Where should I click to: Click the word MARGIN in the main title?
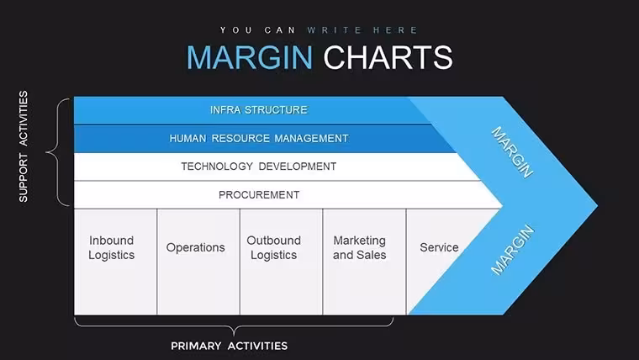click(250, 57)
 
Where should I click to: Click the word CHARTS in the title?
click(388, 57)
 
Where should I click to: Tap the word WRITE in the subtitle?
click(335, 30)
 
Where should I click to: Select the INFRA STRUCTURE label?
click(259, 110)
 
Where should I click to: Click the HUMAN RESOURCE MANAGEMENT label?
click(259, 139)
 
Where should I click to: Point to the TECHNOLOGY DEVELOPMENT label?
click(259, 167)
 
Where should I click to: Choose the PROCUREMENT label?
click(259, 195)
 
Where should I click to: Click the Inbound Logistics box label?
click(111, 247)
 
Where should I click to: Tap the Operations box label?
click(195, 247)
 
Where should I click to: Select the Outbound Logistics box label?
click(273, 247)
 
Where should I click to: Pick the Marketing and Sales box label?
click(360, 247)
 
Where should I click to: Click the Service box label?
click(439, 247)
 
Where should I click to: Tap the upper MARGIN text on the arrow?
click(512, 152)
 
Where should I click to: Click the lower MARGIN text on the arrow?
click(512, 250)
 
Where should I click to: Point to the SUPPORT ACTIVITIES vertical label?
click(24, 146)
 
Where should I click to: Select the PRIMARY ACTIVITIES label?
click(229, 347)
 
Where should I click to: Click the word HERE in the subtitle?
click(396, 30)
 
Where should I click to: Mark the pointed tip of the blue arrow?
click(598, 206)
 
